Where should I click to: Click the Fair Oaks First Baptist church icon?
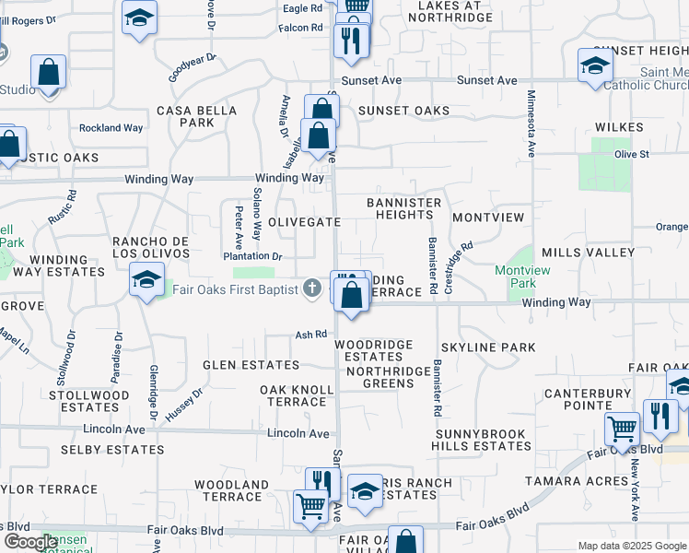(x=312, y=289)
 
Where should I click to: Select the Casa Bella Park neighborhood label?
(x=185, y=116)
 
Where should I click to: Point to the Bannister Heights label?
(x=404, y=208)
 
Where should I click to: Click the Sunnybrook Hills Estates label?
(x=479, y=440)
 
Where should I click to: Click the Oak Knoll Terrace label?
(x=297, y=396)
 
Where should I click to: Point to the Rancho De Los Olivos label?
(x=150, y=248)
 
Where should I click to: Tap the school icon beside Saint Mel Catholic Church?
(x=595, y=65)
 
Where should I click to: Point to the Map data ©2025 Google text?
(x=631, y=546)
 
